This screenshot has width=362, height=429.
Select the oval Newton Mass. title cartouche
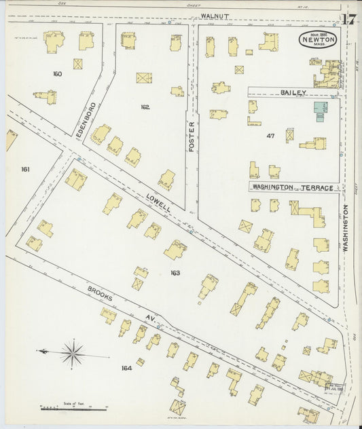pyautogui.click(x=318, y=41)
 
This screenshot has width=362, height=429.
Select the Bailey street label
pyautogui.click(x=294, y=92)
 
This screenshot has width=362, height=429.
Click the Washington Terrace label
pyautogui.click(x=293, y=187)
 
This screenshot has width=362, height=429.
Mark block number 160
pyautogui.click(x=57, y=73)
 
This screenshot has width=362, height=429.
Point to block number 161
pyautogui.click(x=26, y=169)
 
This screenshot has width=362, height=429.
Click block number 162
pyautogui.click(x=145, y=107)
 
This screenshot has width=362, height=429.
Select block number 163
pyautogui.click(x=175, y=272)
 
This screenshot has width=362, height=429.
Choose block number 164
pyautogui.click(x=126, y=368)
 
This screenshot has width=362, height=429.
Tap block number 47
pyautogui.click(x=270, y=136)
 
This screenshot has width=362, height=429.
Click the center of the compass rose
pyautogui.click(x=71, y=352)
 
